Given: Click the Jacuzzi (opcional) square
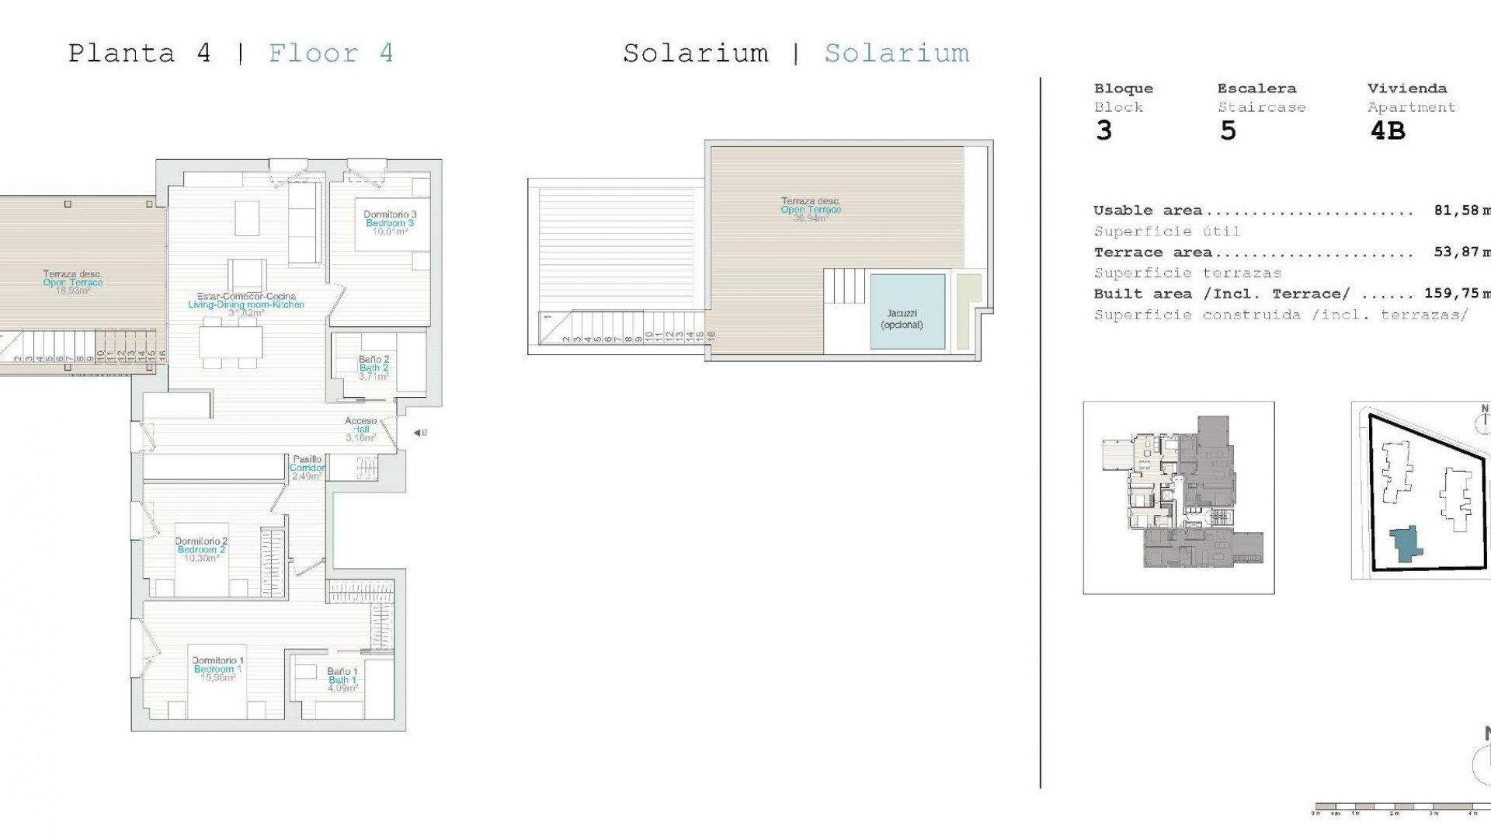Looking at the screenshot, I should (x=908, y=311).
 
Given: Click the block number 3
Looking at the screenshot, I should (x=1103, y=131).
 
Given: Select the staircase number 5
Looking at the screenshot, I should (x=1227, y=131).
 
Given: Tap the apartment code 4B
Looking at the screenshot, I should (x=1387, y=131).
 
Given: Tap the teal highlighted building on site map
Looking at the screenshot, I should (x=1404, y=544).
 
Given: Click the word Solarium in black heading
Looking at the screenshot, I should (x=695, y=54).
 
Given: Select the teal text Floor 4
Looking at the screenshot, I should (x=331, y=54).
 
